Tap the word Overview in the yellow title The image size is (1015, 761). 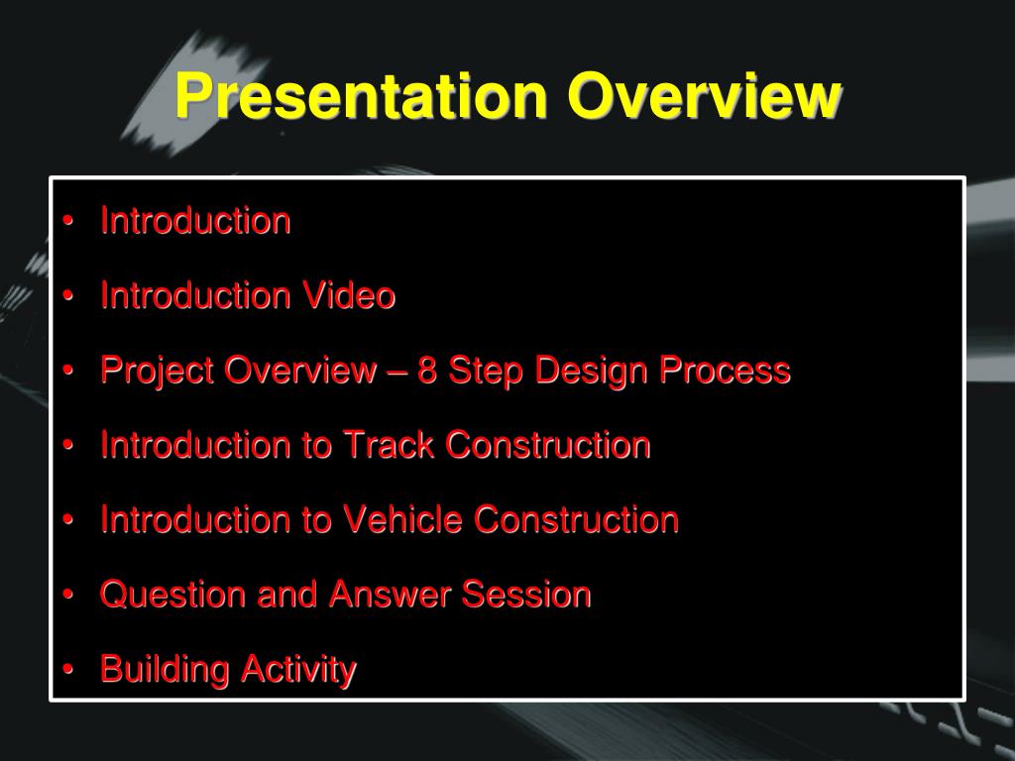(x=705, y=95)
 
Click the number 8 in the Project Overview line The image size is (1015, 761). (x=426, y=371)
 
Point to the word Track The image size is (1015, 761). (x=388, y=445)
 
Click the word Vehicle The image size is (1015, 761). (x=402, y=519)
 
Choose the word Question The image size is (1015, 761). (x=172, y=595)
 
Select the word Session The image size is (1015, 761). (x=526, y=595)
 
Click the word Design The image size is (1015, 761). (x=591, y=371)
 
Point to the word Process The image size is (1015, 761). (x=725, y=371)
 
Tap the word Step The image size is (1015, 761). (x=486, y=372)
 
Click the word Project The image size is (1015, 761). (x=158, y=372)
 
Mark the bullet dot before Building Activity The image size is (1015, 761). (x=68, y=670)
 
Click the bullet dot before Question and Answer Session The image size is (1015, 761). (x=68, y=595)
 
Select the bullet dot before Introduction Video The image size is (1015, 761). (x=68, y=295)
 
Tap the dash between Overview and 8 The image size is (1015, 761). (x=396, y=373)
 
